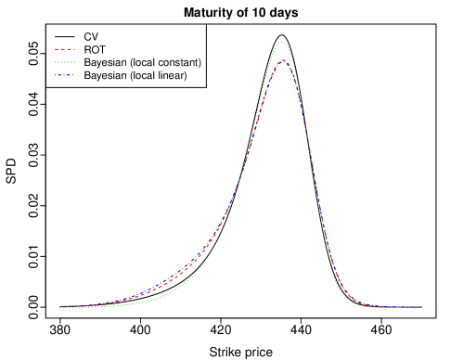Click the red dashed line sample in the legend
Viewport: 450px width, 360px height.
(65, 49)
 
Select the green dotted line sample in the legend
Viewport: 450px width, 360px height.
(65, 62)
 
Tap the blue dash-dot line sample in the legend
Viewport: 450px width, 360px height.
(65, 75)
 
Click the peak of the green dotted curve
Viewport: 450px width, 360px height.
(283, 42)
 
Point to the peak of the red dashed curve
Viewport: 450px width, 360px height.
(283, 60)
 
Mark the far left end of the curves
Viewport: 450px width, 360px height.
(60, 306)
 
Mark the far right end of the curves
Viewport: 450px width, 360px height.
(422, 306)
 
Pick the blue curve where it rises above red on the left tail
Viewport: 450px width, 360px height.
(167, 280)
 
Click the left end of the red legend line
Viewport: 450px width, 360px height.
(55, 49)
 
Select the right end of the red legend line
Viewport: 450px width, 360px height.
(75, 49)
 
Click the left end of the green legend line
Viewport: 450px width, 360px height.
(55, 62)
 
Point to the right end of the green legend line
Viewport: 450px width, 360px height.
(75, 62)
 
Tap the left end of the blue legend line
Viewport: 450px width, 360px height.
(55, 75)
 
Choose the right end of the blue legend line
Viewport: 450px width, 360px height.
(75, 75)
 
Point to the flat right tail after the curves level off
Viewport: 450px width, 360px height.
(399, 306)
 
